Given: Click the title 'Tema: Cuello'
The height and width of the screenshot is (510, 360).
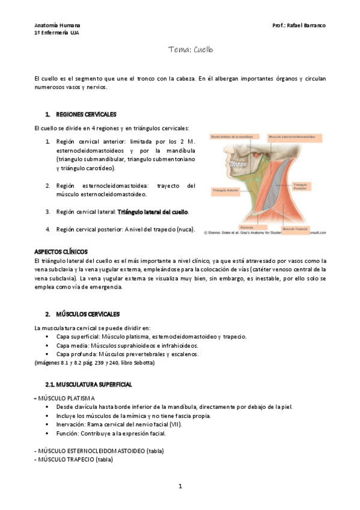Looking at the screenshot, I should (191, 50).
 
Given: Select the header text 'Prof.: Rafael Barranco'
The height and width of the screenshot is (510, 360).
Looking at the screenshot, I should (299, 26).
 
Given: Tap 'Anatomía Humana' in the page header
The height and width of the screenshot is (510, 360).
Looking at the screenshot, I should (57, 26).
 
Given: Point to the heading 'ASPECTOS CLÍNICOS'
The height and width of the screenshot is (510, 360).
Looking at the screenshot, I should (61, 251).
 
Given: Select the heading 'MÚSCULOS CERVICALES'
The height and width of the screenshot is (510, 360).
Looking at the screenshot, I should (88, 314).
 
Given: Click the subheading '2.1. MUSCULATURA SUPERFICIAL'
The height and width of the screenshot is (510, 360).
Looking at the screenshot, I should (89, 384).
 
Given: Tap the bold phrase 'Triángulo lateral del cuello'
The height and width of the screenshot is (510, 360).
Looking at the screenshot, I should (153, 212).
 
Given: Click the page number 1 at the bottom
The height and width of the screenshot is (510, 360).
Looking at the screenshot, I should (180, 486).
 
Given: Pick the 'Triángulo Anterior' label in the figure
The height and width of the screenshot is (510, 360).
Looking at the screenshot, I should (223, 189).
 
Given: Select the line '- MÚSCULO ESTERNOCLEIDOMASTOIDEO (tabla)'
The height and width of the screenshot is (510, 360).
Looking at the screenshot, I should (99, 451).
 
